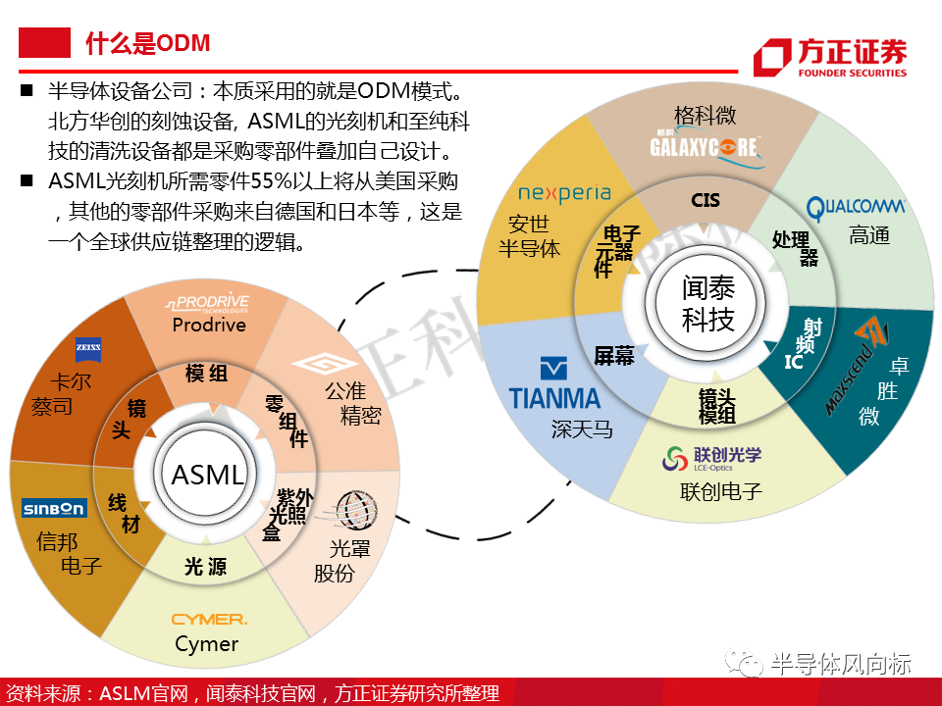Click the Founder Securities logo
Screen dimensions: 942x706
tap(830, 57)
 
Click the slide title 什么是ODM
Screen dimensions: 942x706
tap(147, 43)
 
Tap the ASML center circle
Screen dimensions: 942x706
tap(207, 476)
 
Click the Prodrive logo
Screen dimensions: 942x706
tap(207, 303)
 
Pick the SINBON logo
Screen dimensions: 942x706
tap(55, 508)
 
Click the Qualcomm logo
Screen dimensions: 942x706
tap(856, 207)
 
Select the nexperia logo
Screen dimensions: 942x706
tap(564, 194)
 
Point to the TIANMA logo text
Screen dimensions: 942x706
tap(554, 396)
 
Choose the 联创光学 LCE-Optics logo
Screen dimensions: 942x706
tap(711, 457)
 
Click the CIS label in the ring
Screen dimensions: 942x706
tap(706, 200)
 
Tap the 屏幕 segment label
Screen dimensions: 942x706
tap(614, 357)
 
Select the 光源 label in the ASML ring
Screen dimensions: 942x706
tap(206, 567)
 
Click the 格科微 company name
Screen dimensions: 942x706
tap(705, 115)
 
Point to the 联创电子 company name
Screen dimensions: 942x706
tap(721, 490)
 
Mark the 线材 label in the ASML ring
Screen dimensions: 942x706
tap(124, 514)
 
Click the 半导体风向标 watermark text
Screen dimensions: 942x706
tap(840, 664)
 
